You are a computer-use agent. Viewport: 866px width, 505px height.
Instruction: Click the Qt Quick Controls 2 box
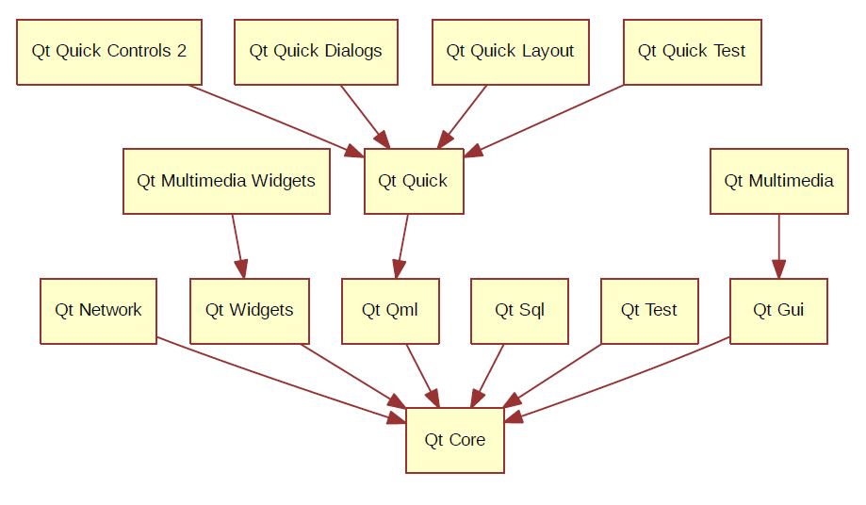109,53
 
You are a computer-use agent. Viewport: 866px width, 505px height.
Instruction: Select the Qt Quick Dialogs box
316,53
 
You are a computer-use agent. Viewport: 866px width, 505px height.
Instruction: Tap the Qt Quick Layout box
511,53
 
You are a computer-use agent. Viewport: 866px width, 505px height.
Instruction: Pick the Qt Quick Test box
693,53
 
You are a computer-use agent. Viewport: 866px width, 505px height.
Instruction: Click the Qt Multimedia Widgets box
226,181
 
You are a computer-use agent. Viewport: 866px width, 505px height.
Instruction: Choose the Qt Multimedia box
779,181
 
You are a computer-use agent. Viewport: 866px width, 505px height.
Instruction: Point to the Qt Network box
98,311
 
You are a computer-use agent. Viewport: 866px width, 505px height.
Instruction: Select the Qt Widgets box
250,311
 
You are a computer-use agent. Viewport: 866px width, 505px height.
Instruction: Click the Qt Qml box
390,311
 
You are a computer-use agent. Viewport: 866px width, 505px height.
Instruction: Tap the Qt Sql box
520,311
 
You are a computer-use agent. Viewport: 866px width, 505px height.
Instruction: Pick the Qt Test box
649,311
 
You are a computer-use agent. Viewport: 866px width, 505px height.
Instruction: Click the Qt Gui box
778,311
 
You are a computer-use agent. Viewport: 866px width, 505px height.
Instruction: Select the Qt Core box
455,440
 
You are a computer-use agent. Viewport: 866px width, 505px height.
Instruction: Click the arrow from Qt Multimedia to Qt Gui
779,246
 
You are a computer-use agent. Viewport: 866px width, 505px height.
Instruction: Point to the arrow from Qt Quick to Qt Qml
402,246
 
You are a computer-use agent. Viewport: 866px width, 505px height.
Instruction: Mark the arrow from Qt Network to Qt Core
282,381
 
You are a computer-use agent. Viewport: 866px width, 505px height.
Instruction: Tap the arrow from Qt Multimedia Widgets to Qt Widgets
238,246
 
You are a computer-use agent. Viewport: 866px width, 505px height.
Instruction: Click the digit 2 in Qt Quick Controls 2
182,51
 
